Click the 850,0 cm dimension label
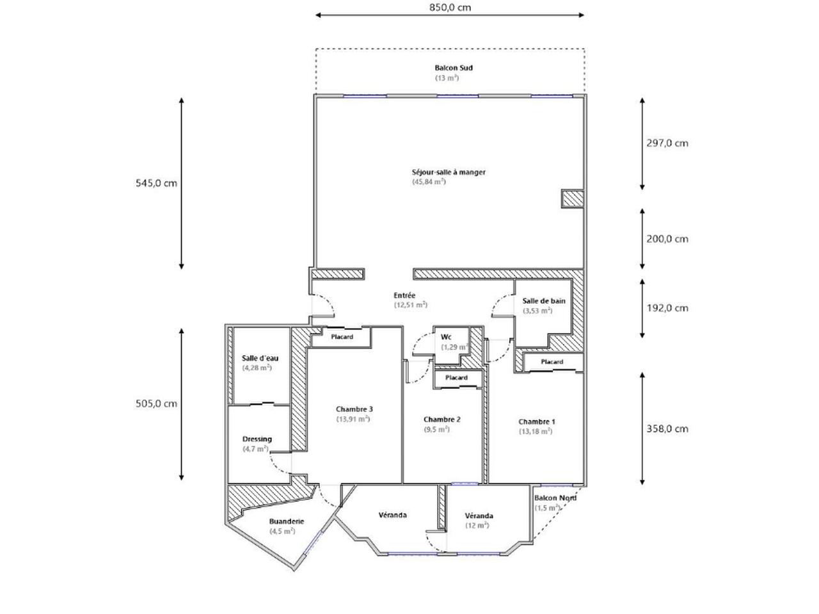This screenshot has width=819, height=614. [450, 8]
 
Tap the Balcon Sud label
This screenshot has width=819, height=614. [454, 68]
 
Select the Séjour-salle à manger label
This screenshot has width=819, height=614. [449, 172]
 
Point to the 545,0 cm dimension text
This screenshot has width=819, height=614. [156, 183]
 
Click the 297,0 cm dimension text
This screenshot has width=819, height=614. [667, 143]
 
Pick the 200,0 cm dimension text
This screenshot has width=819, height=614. [667, 239]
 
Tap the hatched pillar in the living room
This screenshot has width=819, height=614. [573, 199]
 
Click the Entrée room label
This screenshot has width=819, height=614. [404, 295]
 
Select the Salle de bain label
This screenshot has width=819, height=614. [544, 301]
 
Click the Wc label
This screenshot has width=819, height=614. [446, 337]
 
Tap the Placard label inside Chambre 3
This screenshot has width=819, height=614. [342, 337]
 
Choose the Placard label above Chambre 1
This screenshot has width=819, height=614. [552, 361]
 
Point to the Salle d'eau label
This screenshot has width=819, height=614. [260, 358]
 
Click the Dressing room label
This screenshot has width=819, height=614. [257, 439]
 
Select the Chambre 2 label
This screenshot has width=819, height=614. [441, 420]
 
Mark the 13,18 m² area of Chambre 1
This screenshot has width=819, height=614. [536, 431]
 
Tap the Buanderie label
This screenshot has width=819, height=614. [287, 521]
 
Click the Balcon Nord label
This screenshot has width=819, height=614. [555, 498]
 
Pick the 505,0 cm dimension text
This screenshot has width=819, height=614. [156, 404]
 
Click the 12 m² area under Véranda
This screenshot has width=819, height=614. [477, 525]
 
